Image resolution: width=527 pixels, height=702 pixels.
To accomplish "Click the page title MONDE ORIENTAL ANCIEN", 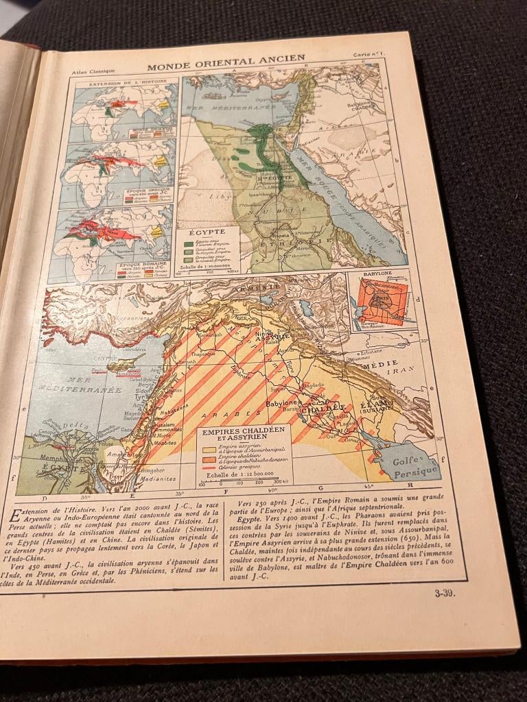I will pos(226,60).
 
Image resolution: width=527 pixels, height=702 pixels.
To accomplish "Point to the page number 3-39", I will pos(444,594).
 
